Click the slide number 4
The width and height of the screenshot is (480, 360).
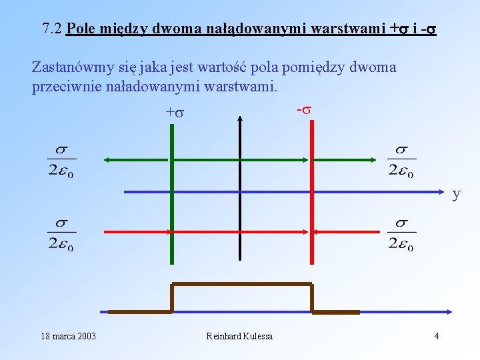tap(436, 336)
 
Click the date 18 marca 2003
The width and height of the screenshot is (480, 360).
tap(68, 336)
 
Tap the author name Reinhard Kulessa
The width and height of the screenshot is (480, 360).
tap(239, 336)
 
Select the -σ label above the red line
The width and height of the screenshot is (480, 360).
tap(303, 109)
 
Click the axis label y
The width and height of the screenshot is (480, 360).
tap(456, 194)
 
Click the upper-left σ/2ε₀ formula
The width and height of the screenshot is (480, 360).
tap(61, 161)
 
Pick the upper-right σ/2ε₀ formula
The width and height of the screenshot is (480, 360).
tap(401, 161)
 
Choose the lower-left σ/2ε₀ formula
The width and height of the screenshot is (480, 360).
tap(61, 234)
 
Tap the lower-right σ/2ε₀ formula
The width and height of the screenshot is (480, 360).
tap(401, 234)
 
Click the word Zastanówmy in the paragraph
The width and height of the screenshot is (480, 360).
tap(65, 67)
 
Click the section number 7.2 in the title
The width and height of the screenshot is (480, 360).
tap(52, 29)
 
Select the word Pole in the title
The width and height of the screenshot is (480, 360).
tap(81, 29)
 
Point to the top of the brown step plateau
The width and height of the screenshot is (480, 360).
tap(241, 285)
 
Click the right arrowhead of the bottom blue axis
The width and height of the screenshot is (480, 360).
tap(450, 311)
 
